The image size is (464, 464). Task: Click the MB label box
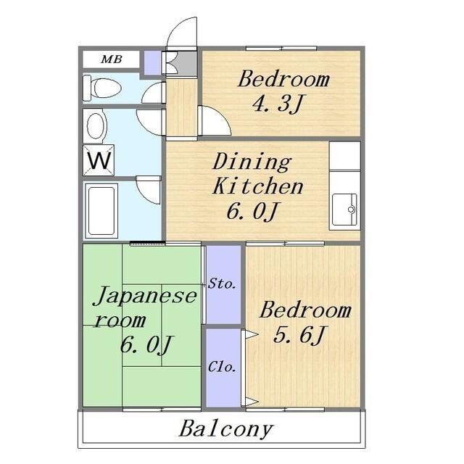pyautogui.click(x=111, y=59)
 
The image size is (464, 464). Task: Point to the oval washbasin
pyautogui.click(x=96, y=125)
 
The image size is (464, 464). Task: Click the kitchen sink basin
pyautogui.click(x=344, y=210)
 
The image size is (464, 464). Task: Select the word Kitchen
pyautogui.click(x=257, y=186)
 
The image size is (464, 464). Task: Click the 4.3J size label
pyautogui.click(x=275, y=104)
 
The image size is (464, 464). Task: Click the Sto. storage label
pyautogui.click(x=223, y=283)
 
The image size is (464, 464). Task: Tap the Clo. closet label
pyautogui.click(x=223, y=368)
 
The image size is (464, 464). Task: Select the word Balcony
pyautogui.click(x=226, y=428)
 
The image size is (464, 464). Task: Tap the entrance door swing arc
pyautogui.click(x=181, y=35)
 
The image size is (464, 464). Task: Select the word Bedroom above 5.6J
pyautogui.click(x=304, y=311)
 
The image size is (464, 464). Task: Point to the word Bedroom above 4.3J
pyautogui.click(x=283, y=79)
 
